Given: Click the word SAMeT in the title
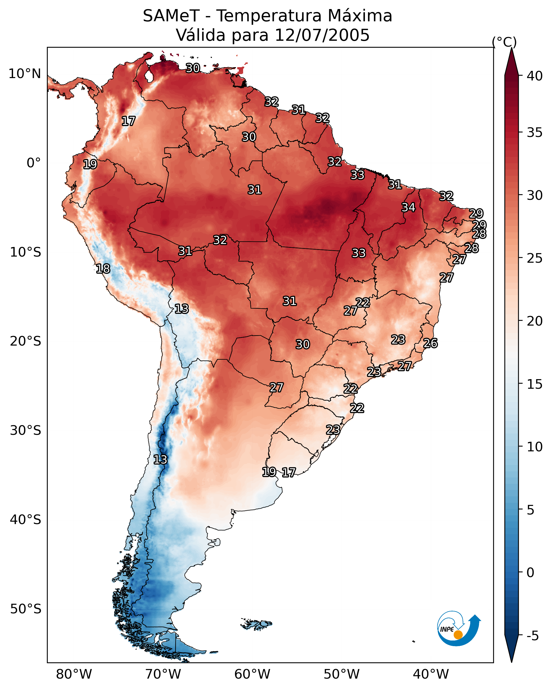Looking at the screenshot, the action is [171, 16].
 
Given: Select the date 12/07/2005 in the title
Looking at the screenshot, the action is [322, 35].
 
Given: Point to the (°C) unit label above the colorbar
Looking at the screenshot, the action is [504, 42].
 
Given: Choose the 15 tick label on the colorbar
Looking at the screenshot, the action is [534, 384].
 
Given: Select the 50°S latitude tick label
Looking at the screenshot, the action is [26, 609].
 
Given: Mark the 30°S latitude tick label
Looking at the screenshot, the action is [26, 431].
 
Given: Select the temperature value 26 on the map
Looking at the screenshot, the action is [430, 343].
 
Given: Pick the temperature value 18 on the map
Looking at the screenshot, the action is [103, 269].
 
